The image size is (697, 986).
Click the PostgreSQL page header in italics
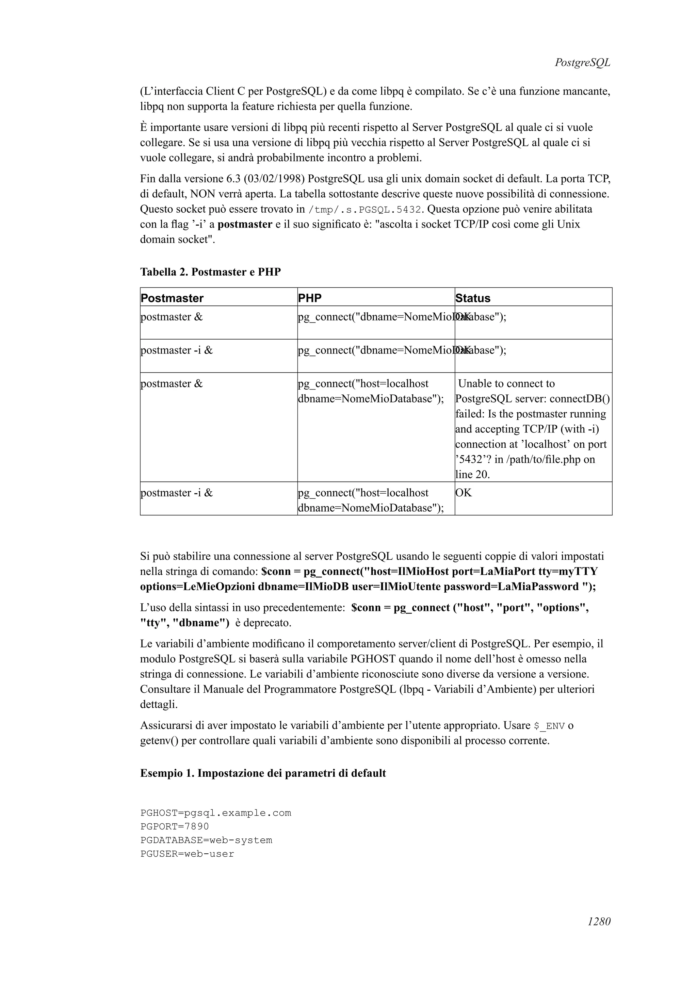582,63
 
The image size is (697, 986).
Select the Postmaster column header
172,298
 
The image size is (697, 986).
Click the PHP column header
310,298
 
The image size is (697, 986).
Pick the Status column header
472,298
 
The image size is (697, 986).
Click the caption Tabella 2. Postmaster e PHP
210,272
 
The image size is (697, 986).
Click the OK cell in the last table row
464,493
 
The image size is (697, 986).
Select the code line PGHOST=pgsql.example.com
215,813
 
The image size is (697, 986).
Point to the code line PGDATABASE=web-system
206,840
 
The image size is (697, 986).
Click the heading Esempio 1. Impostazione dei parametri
263,773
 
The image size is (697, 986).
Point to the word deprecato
268,623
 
